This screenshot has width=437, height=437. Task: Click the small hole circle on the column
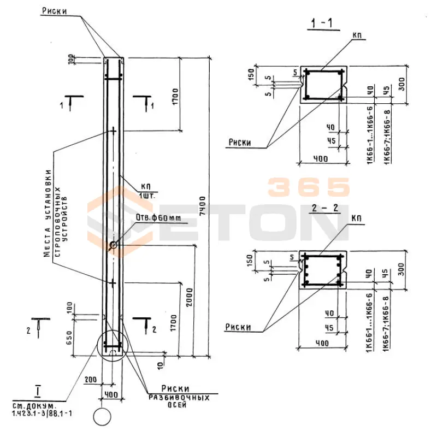click(113, 245)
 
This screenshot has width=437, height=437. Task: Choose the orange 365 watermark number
click(308, 187)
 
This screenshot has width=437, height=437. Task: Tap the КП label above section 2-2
click(357, 218)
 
